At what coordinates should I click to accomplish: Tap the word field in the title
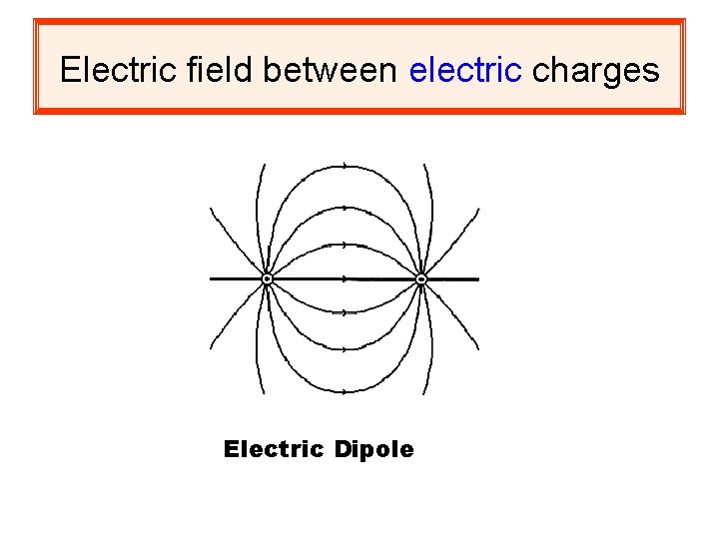tap(200, 70)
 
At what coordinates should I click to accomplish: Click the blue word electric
tap(466, 70)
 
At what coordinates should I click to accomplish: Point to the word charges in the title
tap(596, 70)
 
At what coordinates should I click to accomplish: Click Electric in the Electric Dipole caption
tap(274, 450)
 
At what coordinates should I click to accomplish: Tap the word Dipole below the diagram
tap(373, 450)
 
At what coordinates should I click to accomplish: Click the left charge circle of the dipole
tap(267, 279)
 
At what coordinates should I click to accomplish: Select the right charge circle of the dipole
tap(421, 279)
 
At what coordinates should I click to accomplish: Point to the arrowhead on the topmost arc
tap(345, 165)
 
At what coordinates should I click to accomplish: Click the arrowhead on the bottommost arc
tap(345, 391)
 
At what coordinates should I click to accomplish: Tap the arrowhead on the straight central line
tap(345, 278)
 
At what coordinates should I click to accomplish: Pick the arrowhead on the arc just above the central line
tap(345, 245)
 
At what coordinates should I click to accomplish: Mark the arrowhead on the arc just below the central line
tap(345, 312)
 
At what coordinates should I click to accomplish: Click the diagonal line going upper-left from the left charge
tap(236, 241)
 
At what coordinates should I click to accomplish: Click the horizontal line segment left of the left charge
tap(236, 279)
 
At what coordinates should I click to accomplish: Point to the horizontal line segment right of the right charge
tap(454, 279)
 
